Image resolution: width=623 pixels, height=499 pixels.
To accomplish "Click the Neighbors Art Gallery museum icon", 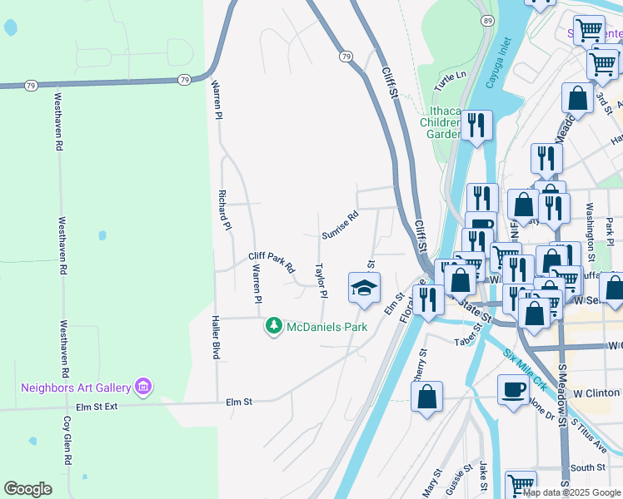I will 143,387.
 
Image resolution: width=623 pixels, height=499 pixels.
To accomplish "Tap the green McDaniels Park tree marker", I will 273,327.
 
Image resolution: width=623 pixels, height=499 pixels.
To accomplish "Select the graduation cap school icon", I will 363,287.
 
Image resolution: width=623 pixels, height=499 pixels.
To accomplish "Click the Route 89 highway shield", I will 486,20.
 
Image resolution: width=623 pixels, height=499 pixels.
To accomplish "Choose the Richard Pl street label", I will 223,210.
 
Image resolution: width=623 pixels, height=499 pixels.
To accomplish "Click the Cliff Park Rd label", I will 272,263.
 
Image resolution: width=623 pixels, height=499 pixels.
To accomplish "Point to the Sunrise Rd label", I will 340,225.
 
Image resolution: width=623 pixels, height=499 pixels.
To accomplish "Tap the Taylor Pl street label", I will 320,281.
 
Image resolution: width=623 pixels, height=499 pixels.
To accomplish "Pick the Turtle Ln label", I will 451,81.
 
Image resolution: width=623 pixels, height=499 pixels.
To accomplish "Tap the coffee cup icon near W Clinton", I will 513,388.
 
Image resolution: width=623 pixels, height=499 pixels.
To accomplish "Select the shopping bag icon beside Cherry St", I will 426,398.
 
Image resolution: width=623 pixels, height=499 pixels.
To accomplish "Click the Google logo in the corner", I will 28,489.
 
